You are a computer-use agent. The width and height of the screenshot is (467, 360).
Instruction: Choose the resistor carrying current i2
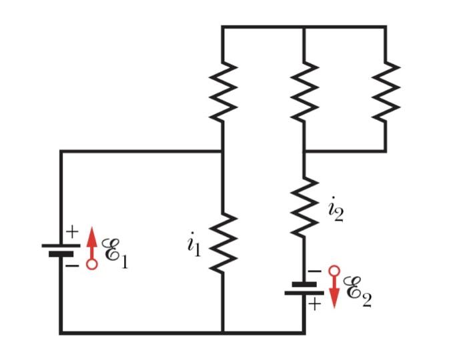[304, 207]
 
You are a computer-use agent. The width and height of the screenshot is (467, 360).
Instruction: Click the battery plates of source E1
[61, 249]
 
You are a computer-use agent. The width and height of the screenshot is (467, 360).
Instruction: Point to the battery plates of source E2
[304, 288]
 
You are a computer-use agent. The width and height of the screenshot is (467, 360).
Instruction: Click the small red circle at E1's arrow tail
[92, 265]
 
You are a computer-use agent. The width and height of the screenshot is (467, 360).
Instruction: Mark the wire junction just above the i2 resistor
[304, 151]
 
